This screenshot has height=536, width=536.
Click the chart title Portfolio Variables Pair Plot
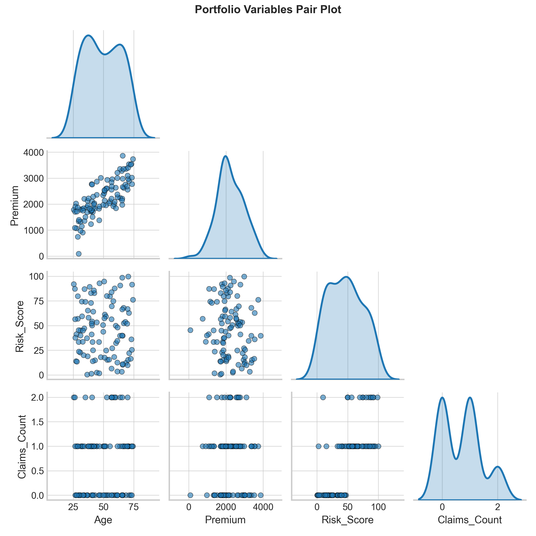(268, 10)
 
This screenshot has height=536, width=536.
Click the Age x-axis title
(103, 520)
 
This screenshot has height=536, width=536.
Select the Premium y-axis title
(15, 205)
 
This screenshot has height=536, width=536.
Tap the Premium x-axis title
(225, 520)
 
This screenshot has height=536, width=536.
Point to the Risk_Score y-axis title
(20, 326)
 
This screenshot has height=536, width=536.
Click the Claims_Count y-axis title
(22, 447)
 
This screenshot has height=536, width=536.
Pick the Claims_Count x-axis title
(470, 520)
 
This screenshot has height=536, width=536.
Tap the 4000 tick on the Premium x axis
(263, 507)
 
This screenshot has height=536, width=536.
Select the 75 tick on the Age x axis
(134, 507)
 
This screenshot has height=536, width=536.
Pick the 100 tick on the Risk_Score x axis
(378, 507)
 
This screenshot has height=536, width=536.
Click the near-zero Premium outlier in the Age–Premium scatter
(79, 253)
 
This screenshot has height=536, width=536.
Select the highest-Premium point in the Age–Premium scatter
(123, 156)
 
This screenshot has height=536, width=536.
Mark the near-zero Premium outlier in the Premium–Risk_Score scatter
(190, 330)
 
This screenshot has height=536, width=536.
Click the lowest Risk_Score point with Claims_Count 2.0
(323, 397)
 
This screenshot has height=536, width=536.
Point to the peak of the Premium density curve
(226, 156)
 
